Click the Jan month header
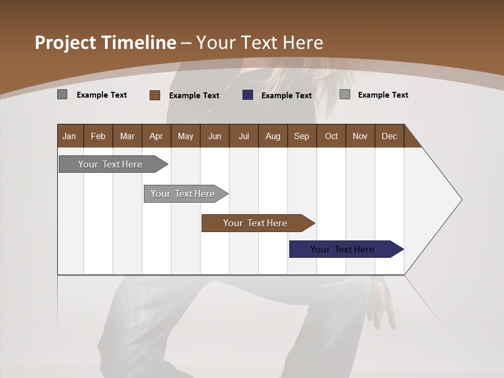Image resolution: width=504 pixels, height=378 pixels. tap(69, 136)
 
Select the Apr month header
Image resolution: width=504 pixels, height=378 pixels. tap(156, 136)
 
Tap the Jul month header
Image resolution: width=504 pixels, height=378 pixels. tap(244, 136)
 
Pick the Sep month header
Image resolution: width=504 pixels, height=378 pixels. tap(301, 136)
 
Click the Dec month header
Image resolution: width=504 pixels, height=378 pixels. tap(389, 136)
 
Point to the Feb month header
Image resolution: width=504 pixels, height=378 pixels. tap(98, 136)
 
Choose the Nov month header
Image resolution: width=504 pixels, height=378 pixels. tap(360, 136)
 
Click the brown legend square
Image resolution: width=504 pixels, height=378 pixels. tap(155, 95)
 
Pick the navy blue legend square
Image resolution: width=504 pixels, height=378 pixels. tap(248, 95)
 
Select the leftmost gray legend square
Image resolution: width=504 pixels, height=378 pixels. tap(62, 94)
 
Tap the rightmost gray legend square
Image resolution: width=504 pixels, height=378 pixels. tap(345, 94)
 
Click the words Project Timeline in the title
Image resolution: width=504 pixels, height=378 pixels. tap(105, 43)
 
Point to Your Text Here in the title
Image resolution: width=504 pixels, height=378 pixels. tap(259, 43)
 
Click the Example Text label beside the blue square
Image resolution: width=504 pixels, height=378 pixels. tap(287, 96)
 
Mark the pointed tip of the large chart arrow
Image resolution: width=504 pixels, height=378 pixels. tap(461, 199)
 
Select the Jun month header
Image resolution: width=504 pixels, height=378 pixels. tap(214, 136)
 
